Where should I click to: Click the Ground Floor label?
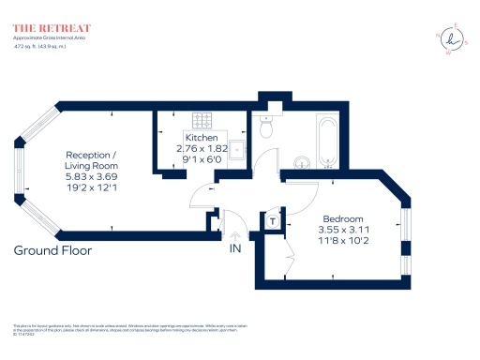click(x=52, y=250)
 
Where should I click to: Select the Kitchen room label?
click(x=202, y=138)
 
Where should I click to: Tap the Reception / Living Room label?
click(x=91, y=160)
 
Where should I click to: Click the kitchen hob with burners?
click(x=203, y=121)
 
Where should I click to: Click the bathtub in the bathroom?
click(x=327, y=139)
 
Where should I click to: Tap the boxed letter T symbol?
click(x=273, y=220)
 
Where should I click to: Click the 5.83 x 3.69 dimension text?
click(x=91, y=176)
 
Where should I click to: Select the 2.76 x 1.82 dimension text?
click(x=202, y=148)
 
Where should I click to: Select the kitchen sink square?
click(x=237, y=149)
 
